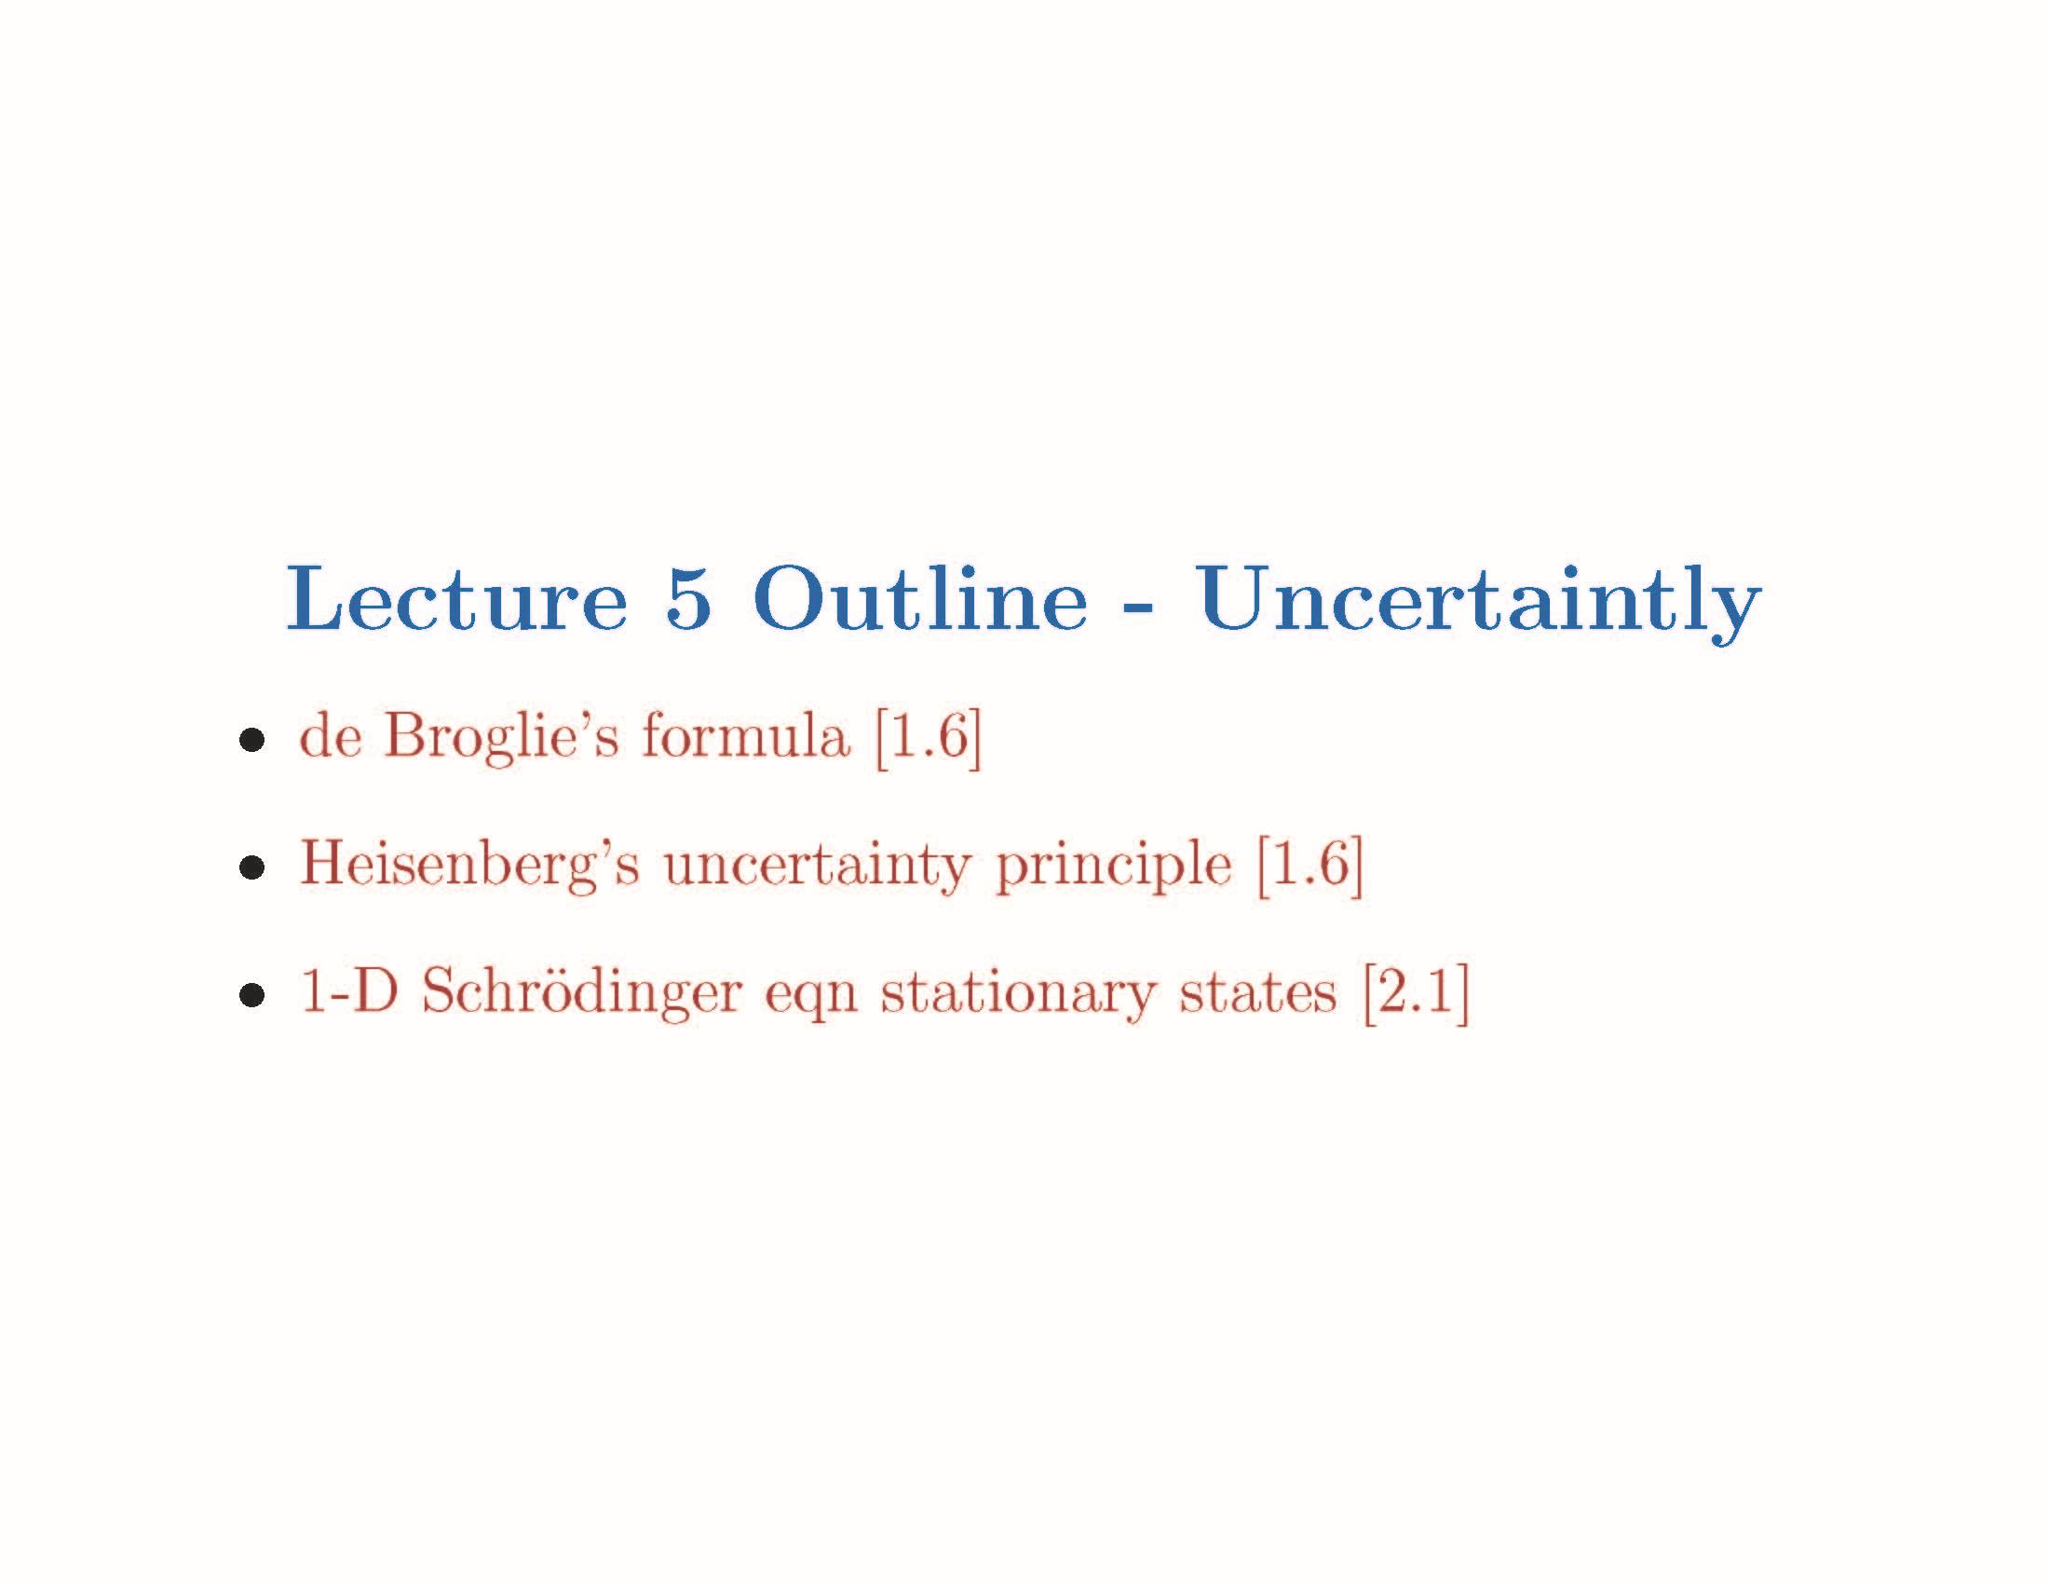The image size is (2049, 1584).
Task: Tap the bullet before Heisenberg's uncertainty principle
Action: pyautogui.click(x=251, y=869)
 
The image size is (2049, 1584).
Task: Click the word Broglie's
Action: pyautogui.click(x=501, y=738)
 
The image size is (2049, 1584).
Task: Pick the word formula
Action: pyautogui.click(x=746, y=738)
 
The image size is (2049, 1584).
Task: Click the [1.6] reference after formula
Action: pyautogui.click(x=928, y=738)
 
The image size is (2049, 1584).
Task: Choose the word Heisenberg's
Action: pyautogui.click(x=469, y=866)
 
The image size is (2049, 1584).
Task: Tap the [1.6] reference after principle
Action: pyautogui.click(x=1309, y=866)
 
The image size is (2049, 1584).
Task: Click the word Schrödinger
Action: pyautogui.click(x=582, y=993)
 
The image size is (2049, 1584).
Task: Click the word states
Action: pyautogui.click(x=1258, y=993)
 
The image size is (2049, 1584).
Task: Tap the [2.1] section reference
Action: pyautogui.click(x=1416, y=993)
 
